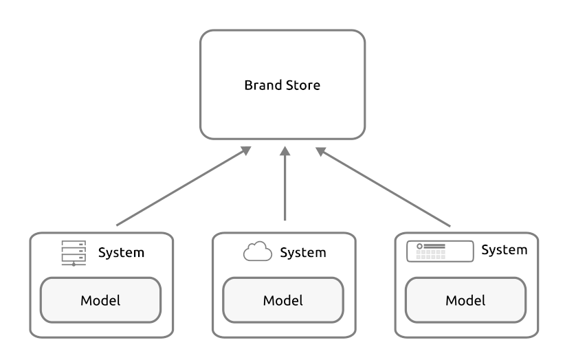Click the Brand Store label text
(282, 85)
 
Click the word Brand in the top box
(263, 85)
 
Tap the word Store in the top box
(303, 85)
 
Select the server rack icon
(74, 254)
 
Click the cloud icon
(258, 251)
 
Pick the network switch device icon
(440, 251)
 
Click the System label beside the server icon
(121, 253)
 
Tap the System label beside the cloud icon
(303, 253)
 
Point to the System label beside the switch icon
(505, 250)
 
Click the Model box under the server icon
(100, 300)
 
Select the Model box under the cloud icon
(283, 300)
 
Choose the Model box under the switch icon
(466, 300)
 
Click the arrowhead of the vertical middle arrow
(285, 151)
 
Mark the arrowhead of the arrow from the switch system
(321, 151)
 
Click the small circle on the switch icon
(419, 246)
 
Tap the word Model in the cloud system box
(283, 301)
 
